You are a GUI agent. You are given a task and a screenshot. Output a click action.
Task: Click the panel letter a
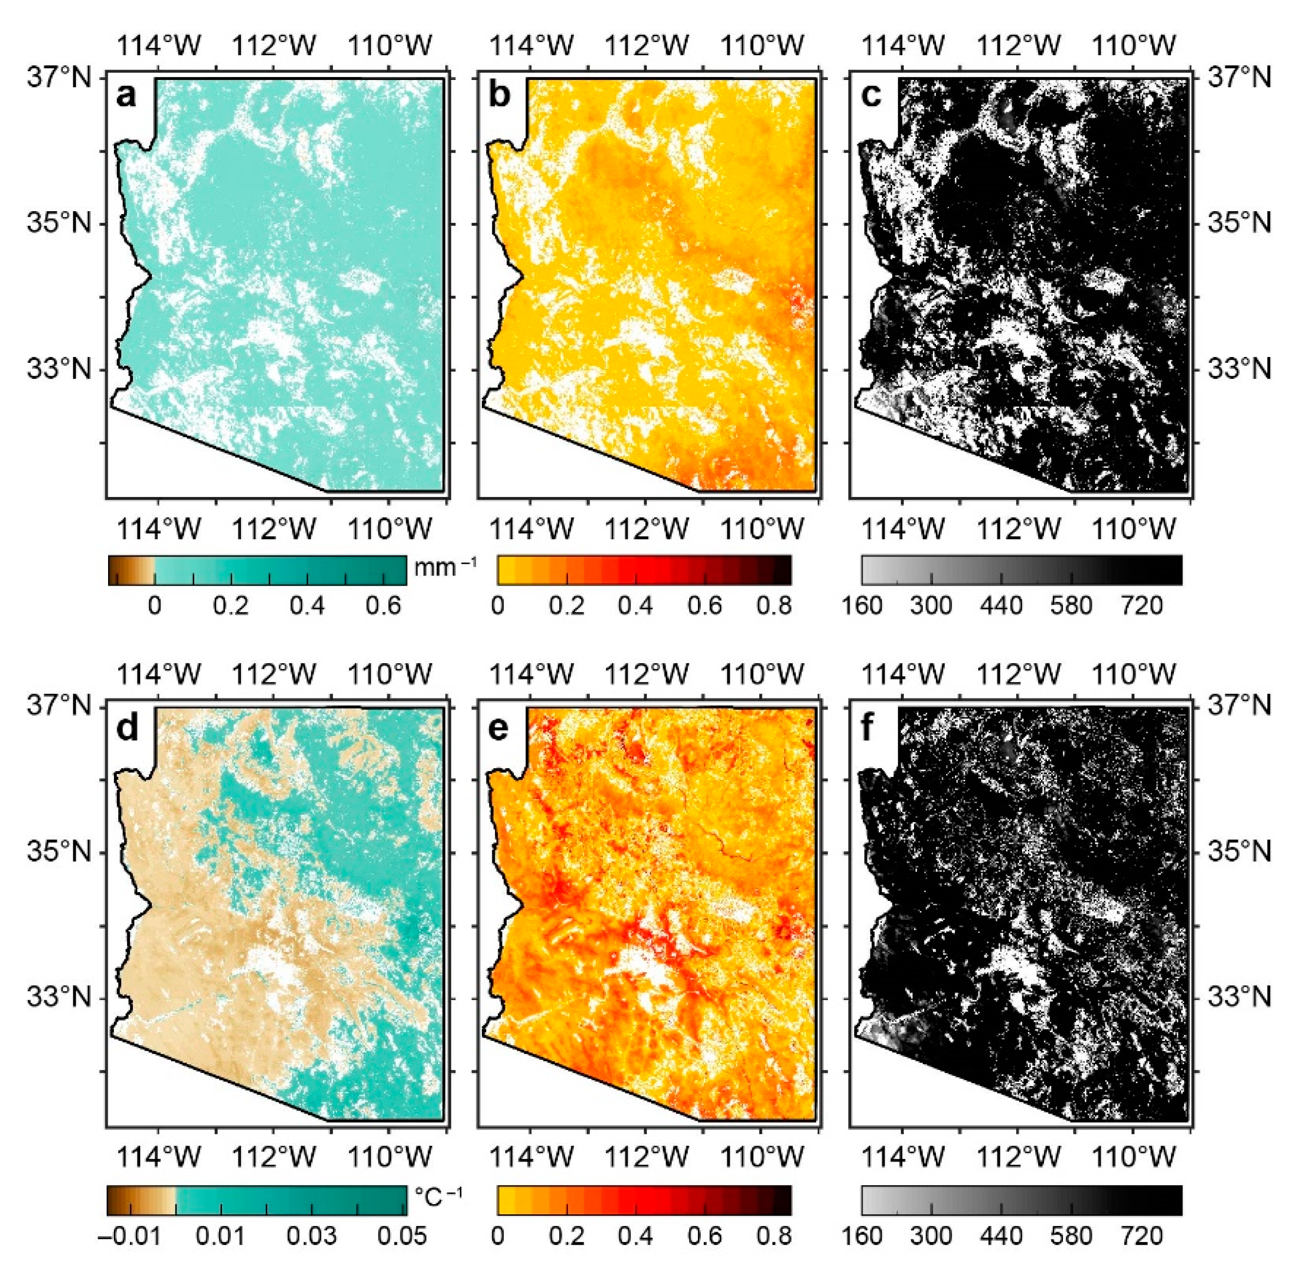(x=126, y=95)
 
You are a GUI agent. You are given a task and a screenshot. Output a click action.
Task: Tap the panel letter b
(x=499, y=95)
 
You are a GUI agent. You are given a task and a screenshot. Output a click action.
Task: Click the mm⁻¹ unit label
(x=445, y=567)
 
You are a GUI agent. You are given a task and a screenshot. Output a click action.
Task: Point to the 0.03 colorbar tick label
(x=312, y=1236)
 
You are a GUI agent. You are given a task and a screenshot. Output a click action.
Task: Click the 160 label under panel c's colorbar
(x=862, y=605)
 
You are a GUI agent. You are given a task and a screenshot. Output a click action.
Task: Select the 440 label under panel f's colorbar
(x=1001, y=1236)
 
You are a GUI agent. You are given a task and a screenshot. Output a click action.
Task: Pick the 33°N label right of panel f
(x=1238, y=999)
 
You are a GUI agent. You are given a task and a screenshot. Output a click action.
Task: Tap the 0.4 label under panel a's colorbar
(x=307, y=605)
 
